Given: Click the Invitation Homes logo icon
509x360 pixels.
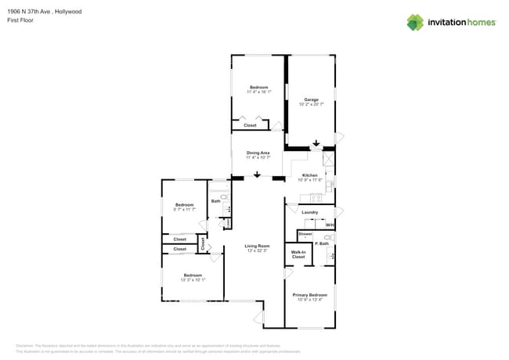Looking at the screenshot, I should pos(415,22).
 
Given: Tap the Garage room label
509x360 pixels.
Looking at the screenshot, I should pos(312,99).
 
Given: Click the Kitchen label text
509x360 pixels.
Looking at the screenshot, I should pos(310,175).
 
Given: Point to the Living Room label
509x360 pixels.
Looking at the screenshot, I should pos(257,246).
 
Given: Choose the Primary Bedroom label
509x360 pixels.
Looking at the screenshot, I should pos(310,295).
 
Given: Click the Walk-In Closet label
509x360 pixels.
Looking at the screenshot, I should pos(298,254).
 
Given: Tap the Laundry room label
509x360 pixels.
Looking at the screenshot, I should pos(309,212).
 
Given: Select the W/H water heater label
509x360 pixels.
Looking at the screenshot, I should pos(329,225).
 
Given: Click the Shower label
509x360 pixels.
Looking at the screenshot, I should pos(305,234).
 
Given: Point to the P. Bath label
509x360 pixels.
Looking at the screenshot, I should pos(321,244).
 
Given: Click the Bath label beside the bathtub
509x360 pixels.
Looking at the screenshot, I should pos(215,201).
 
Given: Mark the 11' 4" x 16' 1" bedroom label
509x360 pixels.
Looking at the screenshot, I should pos(259,88).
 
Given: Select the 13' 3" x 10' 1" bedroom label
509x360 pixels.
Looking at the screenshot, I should pos(193,275).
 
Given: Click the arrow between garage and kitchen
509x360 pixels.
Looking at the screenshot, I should pos(316,144).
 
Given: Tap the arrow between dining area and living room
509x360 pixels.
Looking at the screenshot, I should pos(256,175).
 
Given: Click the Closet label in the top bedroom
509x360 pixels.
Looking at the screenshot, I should pos(250,125).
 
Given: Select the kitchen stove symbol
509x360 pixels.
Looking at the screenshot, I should pos(316,198).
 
